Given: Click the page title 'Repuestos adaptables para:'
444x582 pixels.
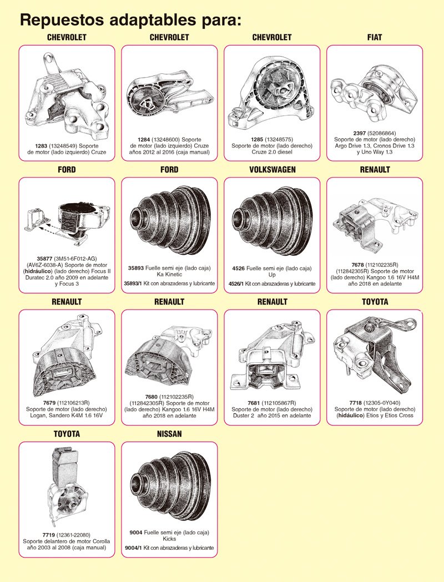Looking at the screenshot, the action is coord(130,19).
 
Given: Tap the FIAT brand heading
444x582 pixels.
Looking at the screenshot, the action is coord(375,38).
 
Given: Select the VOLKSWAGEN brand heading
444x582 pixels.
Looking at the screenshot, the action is coord(273,170).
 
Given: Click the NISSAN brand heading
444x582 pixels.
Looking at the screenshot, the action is coord(169,434).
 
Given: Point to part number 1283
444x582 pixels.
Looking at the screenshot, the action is coord(41,146).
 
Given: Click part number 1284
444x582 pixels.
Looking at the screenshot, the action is coord(144,140).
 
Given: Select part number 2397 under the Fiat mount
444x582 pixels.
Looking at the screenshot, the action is coord(359,133).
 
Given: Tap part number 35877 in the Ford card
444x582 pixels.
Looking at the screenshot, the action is coord(44,259).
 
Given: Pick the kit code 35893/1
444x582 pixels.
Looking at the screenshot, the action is coord(133,284).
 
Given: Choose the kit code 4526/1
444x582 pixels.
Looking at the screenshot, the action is coord(236,284).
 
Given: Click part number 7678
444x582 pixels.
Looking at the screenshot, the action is coord(358,265).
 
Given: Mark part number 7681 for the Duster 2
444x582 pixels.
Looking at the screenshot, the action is coord(254,403).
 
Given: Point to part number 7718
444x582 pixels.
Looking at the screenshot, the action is coord(355,403).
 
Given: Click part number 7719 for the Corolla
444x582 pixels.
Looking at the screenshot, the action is coord(49,535).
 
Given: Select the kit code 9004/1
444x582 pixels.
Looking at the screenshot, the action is coord(133,548).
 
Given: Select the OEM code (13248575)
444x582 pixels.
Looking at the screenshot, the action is coord(279,140).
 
